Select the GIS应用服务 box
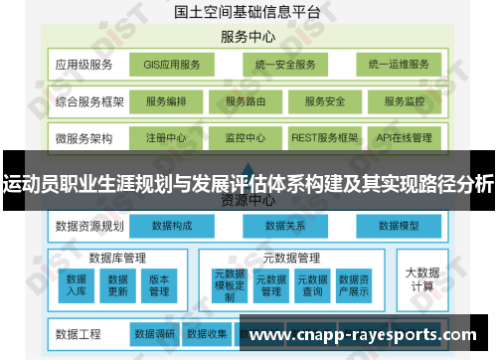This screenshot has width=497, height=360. [172, 65]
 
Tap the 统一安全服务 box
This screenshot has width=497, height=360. [284, 65]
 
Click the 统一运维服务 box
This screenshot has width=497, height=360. [398, 65]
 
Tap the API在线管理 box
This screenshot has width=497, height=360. [405, 137]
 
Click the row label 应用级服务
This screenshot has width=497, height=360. [83, 65]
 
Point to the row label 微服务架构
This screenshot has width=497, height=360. [83, 137]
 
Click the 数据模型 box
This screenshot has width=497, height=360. [400, 226]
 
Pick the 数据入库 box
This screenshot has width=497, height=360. [77, 285]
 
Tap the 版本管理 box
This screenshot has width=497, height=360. [159, 285]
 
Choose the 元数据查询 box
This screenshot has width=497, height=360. [312, 285]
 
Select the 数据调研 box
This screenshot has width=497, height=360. [155, 333]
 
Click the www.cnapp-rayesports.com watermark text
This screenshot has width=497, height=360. [367, 335]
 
